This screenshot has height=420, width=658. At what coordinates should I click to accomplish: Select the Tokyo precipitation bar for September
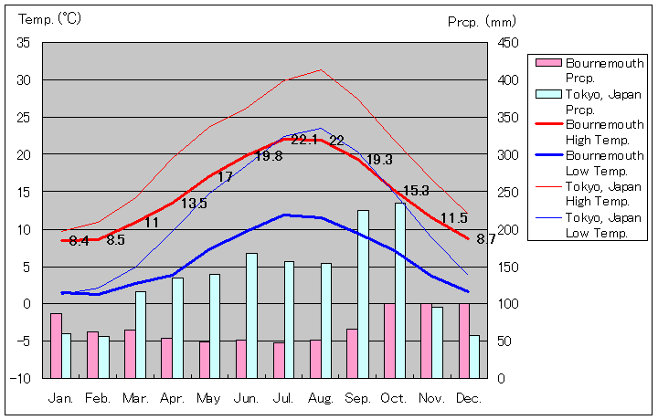tap(363, 294)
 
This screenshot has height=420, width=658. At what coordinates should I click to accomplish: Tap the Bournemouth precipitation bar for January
tap(56, 345)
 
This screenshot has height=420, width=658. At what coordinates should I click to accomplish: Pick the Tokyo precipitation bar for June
tap(251, 315)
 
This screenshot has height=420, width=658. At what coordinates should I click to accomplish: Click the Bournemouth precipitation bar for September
tap(352, 353)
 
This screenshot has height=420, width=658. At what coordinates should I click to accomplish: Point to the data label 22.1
tap(304, 140)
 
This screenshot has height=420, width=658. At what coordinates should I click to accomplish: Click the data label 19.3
tap(379, 160)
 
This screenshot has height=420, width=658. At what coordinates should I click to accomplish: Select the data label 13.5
tap(194, 204)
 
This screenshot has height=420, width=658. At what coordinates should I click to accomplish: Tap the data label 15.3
tap(416, 191)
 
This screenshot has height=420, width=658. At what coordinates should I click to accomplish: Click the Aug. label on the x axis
tap(321, 398)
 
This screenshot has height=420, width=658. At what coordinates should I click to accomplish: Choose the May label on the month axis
tap(208, 398)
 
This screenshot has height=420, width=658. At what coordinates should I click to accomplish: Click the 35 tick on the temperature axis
tap(24, 43)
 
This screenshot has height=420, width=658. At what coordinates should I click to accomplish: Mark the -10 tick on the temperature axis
tap(22, 378)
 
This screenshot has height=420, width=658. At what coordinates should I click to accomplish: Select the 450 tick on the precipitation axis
tap(508, 43)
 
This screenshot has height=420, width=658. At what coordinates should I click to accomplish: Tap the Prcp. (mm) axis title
tap(483, 21)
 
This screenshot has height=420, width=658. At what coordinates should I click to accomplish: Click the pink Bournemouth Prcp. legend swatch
tap(547, 63)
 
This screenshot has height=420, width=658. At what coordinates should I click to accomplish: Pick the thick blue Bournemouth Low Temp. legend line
tap(547, 155)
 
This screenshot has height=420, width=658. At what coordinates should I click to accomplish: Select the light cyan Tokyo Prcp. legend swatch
tap(547, 94)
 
